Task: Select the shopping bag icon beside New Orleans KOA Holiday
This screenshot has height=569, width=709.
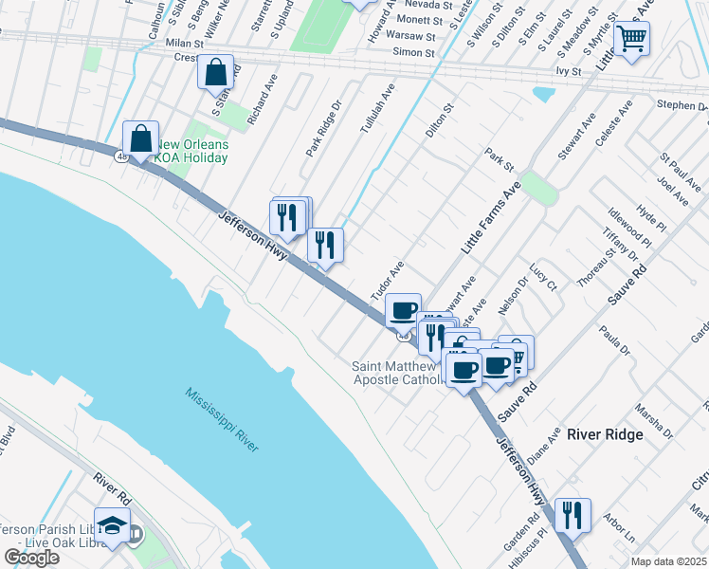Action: point(140,138)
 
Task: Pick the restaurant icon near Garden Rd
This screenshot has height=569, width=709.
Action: point(572,515)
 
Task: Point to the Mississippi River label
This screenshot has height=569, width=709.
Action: point(223,419)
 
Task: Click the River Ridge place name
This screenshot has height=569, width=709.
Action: point(605,434)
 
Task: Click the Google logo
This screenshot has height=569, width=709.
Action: point(31,557)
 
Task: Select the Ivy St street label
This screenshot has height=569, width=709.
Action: point(569,70)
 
